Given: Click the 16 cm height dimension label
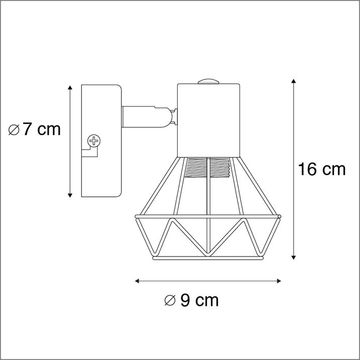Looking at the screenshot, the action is coord(321,169).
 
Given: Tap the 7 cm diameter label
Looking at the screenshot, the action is coord(35,129).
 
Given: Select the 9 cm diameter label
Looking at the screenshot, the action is coord(191,300).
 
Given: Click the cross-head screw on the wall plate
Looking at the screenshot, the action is coord(94,141).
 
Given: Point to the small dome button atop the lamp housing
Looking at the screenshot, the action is coord(208,81).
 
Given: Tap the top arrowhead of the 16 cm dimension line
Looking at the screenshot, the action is coord(293,81).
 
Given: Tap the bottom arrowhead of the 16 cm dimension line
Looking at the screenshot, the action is coord(293,258).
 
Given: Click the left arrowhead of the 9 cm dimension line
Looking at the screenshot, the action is coord(137,281).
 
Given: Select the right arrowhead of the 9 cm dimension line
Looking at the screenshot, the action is coord(279,281).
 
